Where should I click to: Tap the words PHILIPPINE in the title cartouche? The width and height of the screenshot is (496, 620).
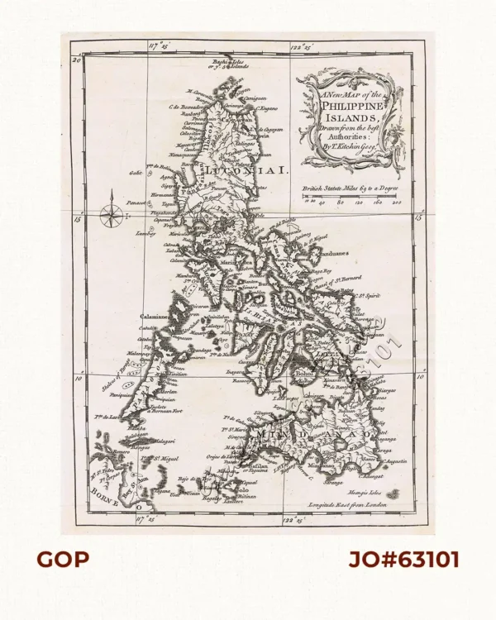(x=352, y=106)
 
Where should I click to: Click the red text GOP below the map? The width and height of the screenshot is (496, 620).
(x=62, y=560)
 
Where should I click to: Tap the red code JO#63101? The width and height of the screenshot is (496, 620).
(x=403, y=560)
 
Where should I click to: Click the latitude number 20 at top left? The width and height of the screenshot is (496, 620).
(x=76, y=60)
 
